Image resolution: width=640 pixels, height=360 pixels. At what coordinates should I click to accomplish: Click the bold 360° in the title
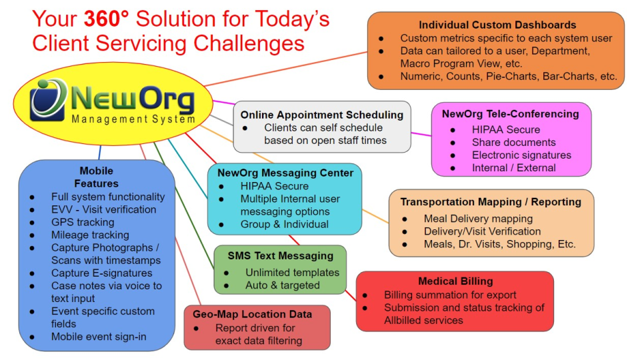tap(106, 19)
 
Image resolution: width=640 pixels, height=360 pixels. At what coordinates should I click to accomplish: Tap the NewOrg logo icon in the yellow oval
tap(48, 100)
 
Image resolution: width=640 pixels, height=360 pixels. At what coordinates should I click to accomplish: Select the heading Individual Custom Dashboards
tap(497, 25)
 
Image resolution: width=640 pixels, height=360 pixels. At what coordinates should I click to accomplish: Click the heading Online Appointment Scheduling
tap(321, 115)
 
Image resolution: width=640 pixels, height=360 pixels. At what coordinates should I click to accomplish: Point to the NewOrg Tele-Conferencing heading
tap(510, 114)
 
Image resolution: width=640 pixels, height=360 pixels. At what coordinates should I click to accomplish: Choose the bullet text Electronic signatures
tap(521, 155)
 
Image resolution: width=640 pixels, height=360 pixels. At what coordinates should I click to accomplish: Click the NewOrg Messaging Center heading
tap(285, 173)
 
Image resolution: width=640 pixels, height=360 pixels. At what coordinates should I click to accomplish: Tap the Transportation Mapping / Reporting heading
tap(491, 202)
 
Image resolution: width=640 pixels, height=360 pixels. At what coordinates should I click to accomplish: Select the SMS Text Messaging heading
tap(281, 256)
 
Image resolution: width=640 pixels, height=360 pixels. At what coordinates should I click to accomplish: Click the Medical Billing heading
tap(455, 281)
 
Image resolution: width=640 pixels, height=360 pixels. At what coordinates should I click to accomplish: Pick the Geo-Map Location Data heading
tap(252, 314)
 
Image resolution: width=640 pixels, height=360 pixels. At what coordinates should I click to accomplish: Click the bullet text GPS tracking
tap(83, 223)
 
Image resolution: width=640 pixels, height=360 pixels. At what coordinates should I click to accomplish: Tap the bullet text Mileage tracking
tap(90, 235)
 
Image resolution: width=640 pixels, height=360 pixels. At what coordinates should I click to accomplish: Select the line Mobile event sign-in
tap(99, 337)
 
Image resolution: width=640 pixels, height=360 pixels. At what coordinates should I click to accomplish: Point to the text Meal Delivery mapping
tap(478, 219)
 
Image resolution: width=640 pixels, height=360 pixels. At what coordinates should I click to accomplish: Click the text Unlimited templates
tap(292, 273)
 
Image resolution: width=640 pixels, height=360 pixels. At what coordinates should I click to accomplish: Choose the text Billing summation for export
tap(450, 295)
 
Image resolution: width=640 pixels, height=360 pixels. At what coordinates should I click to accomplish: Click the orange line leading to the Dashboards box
tap(286, 69)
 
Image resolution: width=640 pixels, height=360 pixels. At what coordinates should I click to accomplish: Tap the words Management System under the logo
tap(133, 119)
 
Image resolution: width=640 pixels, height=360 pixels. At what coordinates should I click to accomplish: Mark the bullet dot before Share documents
tap(453, 143)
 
